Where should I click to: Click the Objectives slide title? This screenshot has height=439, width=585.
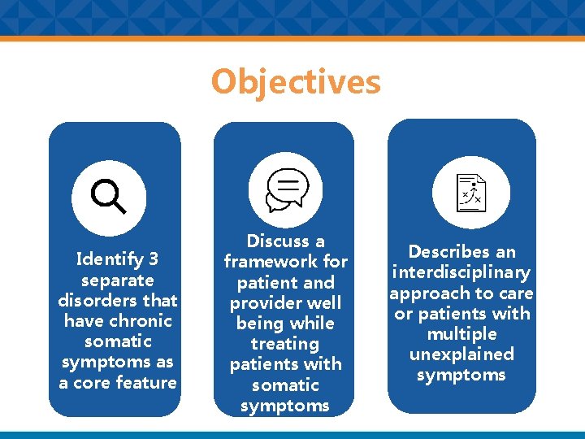[295, 82]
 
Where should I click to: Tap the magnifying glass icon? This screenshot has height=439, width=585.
[109, 197]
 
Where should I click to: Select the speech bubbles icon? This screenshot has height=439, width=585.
[286, 192]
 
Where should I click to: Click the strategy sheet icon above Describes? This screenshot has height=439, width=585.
[470, 192]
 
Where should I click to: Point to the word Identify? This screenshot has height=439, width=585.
[108, 260]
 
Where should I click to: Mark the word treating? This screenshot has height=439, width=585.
[285, 344]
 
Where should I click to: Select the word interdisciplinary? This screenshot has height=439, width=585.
[461, 272]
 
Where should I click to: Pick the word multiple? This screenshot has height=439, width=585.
[461, 333]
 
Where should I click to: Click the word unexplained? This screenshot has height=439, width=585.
[461, 354]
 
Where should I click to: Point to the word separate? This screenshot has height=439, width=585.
[118, 280]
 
